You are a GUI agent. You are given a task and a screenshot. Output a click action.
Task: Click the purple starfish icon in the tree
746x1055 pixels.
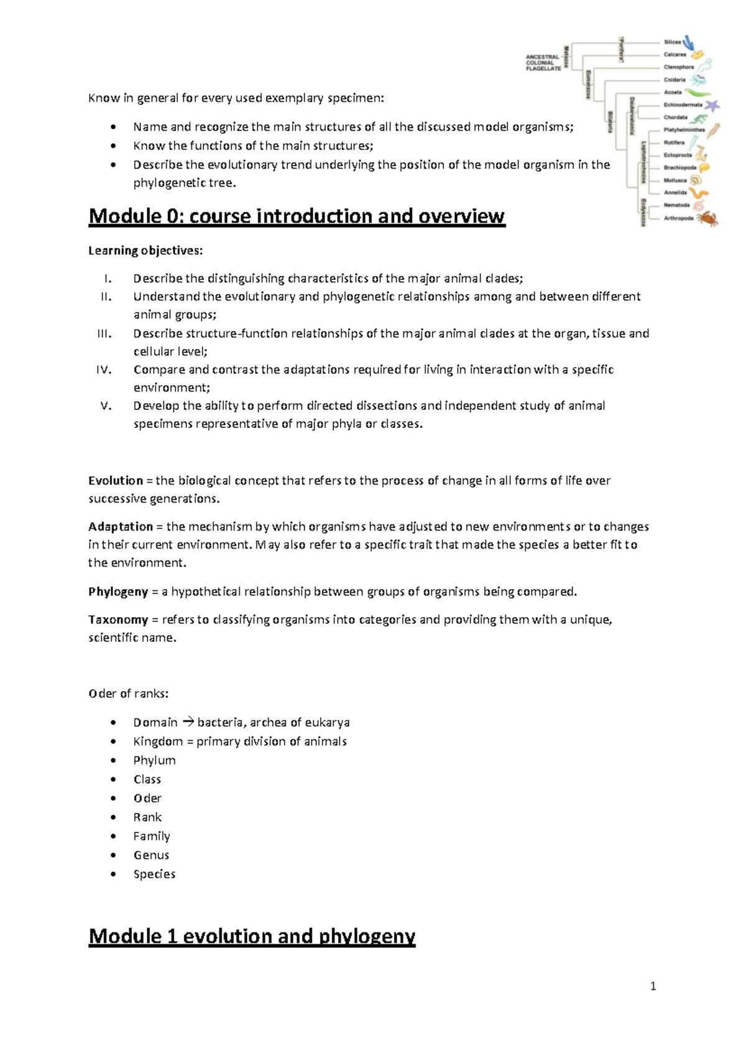pos(711,105)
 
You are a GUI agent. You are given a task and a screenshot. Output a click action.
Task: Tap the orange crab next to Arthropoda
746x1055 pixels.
pos(707,218)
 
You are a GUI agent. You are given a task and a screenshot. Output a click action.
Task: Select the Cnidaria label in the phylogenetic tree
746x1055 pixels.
pos(675,80)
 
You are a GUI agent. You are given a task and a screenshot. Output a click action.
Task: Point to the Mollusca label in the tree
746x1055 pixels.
pos(675,180)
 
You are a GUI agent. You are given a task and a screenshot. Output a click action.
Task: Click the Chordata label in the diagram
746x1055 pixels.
pos(675,117)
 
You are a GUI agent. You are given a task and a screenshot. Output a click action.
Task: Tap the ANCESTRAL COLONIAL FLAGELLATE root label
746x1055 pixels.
pos(543,63)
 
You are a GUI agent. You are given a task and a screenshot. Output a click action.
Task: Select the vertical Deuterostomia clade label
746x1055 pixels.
pos(632,116)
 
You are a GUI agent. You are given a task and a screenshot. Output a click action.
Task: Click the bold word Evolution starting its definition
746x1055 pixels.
pos(116,481)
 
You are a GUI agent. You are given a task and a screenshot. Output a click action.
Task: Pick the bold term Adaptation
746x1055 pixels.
pos(121,527)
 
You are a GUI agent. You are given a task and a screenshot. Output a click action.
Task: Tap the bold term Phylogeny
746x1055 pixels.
pos(118,592)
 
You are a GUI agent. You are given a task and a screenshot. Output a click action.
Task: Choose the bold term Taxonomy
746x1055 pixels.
pos(118,620)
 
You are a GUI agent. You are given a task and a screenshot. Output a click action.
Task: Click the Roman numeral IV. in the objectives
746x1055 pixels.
pos(104,369)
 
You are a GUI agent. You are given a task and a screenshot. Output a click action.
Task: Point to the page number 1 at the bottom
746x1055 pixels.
pos(653,986)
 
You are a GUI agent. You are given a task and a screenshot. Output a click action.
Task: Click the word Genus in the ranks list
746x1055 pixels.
pos(151,855)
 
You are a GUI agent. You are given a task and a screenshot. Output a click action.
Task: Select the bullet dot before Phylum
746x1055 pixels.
pos(113,761)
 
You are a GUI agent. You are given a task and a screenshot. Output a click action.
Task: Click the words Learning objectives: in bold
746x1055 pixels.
pos(145,251)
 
